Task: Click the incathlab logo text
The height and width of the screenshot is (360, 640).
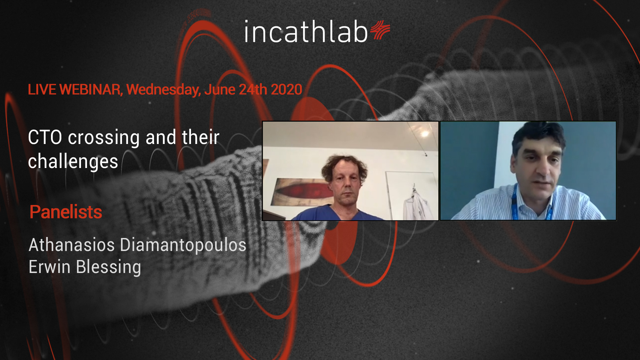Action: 306,32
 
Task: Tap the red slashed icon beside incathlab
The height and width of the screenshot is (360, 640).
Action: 380,30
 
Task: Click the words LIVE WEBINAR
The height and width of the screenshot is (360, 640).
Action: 75,90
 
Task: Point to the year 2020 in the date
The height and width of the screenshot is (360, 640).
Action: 286,90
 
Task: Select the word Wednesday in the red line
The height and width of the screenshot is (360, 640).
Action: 164,90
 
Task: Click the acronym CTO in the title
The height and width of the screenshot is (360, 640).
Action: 45,137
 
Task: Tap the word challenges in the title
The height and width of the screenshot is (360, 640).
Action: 73,162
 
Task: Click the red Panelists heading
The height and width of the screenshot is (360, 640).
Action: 66,212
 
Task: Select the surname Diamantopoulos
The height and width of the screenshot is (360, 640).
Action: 183,245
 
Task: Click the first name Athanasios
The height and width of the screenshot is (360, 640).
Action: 72,245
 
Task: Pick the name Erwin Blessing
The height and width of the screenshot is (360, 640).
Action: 85,267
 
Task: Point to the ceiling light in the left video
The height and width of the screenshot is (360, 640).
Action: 424,134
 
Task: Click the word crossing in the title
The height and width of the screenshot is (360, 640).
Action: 104,138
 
